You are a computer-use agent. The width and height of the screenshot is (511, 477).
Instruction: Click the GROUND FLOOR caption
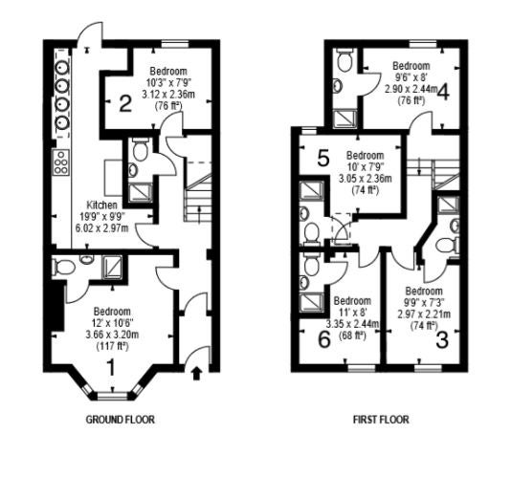point(120,420)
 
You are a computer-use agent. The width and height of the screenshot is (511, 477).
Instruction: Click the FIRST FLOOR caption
point(381,420)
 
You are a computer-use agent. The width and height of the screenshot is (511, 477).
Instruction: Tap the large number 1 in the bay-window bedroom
point(111,368)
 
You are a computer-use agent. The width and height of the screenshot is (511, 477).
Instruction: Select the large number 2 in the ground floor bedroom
point(125,103)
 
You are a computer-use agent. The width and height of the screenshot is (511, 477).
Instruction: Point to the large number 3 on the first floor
point(442,340)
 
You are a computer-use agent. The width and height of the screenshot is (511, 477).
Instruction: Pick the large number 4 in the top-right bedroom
point(443,92)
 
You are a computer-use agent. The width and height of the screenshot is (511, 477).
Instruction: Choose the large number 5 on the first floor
point(323,159)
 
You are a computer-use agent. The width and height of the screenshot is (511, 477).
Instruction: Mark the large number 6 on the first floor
point(324,339)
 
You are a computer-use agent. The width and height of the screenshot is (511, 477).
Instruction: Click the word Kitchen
point(101,206)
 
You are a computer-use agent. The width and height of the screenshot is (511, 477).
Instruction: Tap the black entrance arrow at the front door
point(195,374)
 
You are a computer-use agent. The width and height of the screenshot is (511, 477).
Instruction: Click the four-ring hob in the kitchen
point(61,163)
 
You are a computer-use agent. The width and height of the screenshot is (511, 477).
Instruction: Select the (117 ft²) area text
point(112,346)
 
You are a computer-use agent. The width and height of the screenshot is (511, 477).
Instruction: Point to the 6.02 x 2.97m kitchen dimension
point(101,228)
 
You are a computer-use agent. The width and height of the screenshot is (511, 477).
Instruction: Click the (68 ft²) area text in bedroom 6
point(352,336)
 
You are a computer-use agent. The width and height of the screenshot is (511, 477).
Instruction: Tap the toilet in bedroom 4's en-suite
point(344,59)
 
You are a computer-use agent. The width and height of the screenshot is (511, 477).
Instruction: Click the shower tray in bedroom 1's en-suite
point(112,267)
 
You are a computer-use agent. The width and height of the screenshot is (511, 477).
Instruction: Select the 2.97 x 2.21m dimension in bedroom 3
point(424,314)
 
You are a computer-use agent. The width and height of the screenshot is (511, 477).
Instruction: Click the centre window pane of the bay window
point(112,397)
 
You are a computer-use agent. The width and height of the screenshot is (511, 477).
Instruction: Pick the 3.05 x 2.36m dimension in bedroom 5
point(366,179)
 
